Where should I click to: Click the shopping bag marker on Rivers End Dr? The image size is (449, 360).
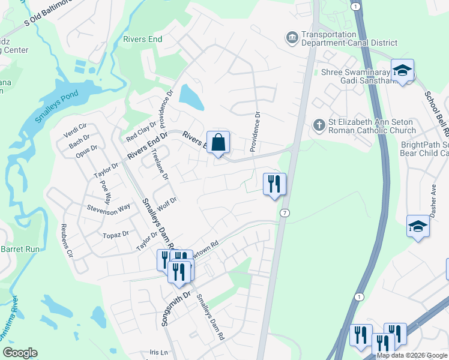pyautogui.click(x=218, y=143)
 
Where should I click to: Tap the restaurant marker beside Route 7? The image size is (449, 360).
pyautogui.click(x=274, y=184)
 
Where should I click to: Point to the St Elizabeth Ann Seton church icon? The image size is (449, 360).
pyautogui.click(x=319, y=125)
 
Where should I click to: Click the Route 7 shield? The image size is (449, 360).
pyautogui.click(x=285, y=213)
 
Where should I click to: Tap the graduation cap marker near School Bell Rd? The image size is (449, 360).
pyautogui.click(x=402, y=70)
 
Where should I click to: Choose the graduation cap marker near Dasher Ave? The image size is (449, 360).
pyautogui.click(x=418, y=226)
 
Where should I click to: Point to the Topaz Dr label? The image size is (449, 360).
pyautogui.click(x=116, y=234)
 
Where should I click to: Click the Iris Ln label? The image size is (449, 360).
pyautogui.click(x=160, y=352)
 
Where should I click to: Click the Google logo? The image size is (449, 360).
pyautogui.click(x=20, y=352)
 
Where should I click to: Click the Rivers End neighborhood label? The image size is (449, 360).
pyautogui.click(x=142, y=39)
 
